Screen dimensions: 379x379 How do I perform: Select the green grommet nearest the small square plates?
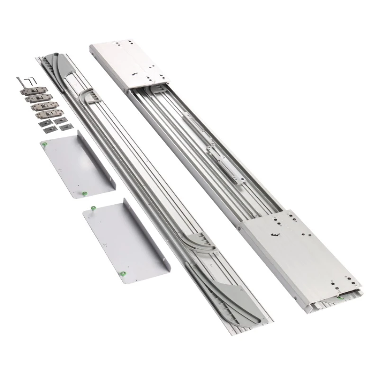point(44,144)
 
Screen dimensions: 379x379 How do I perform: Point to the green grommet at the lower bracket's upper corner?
point(94,207)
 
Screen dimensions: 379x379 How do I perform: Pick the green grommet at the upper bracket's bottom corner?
point(84,193)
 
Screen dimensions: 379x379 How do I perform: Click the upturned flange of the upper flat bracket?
point(97,161)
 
